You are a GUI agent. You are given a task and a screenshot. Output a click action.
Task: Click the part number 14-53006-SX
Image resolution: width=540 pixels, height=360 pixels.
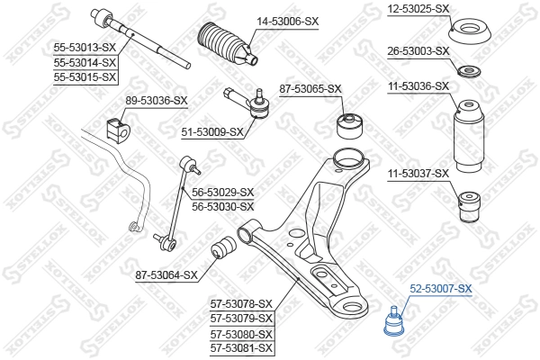288,20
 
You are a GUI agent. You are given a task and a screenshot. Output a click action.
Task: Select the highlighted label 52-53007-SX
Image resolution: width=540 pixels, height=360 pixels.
441,289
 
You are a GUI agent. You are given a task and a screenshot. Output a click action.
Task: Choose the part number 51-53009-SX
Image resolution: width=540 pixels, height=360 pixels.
212,132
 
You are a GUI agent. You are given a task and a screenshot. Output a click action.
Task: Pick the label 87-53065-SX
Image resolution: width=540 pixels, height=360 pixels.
310,88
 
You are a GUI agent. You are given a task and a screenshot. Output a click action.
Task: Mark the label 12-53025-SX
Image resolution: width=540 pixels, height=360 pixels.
418,8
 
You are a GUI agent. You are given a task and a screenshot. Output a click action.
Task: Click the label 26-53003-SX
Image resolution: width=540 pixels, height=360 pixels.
418,50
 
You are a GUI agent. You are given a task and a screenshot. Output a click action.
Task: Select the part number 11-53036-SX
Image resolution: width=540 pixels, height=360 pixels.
418,86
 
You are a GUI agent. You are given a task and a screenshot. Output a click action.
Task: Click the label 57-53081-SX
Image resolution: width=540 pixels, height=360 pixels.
241,346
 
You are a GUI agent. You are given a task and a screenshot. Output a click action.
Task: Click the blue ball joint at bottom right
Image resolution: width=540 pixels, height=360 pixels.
392,323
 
